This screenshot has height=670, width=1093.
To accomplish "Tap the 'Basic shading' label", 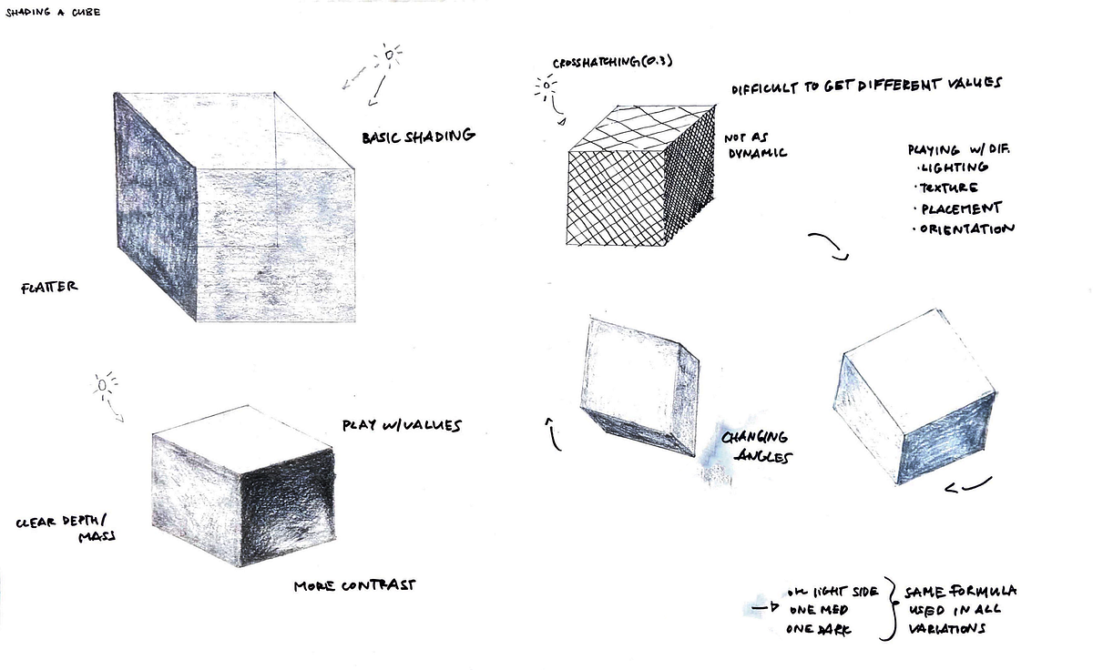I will (x=418, y=137).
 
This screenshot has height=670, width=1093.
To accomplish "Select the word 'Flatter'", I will (x=50, y=287).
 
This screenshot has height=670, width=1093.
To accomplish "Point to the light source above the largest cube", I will (x=389, y=56).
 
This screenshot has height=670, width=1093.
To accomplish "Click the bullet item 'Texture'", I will (x=947, y=188).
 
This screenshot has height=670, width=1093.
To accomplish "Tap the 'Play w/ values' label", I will (x=402, y=425).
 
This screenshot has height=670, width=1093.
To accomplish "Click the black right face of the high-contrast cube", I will (x=286, y=511).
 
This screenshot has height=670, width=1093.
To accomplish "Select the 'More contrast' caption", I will (x=354, y=585).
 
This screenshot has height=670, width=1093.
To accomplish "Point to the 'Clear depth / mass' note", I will (x=68, y=532).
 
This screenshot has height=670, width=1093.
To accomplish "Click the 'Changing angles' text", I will (x=754, y=447).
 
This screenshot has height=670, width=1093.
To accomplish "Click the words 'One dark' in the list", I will (x=818, y=629).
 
